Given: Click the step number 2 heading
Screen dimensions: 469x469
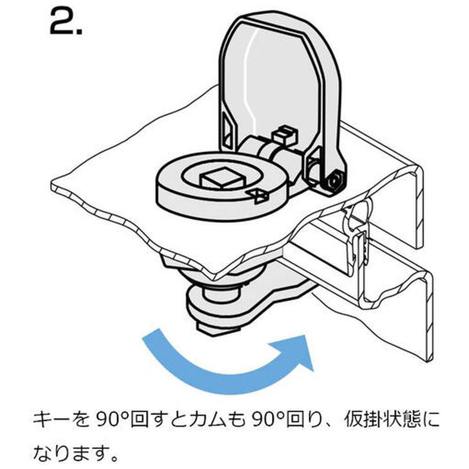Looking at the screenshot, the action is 66,22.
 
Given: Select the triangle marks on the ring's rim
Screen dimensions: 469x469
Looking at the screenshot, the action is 259,196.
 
